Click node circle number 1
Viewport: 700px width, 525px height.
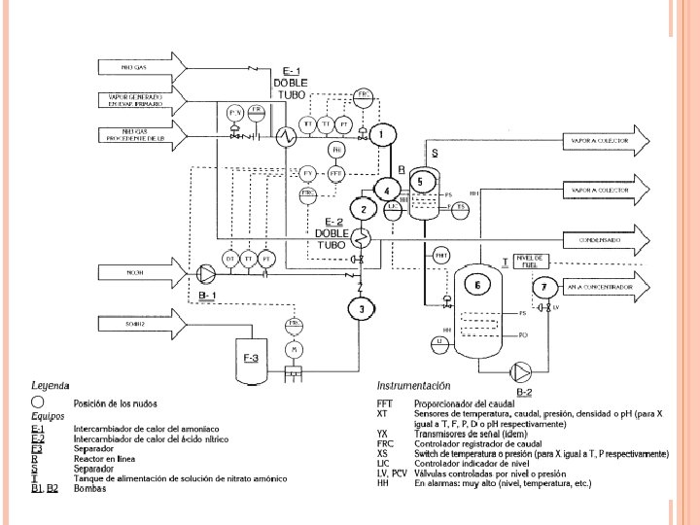click(383, 134)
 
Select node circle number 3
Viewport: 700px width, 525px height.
click(361, 309)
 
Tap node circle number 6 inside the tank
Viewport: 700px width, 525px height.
click(477, 285)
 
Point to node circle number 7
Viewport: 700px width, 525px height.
click(545, 287)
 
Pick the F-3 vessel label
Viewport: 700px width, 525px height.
click(250, 359)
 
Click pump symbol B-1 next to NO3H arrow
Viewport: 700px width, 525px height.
click(206, 273)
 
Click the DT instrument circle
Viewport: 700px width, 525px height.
click(230, 259)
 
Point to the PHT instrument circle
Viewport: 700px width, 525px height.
click(441, 256)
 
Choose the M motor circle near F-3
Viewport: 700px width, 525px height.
click(291, 349)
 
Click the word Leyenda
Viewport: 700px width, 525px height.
click(51, 386)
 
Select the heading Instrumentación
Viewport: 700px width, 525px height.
click(413, 386)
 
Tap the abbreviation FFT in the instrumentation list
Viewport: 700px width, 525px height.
click(385, 403)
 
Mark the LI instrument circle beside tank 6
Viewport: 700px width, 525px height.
click(439, 341)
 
